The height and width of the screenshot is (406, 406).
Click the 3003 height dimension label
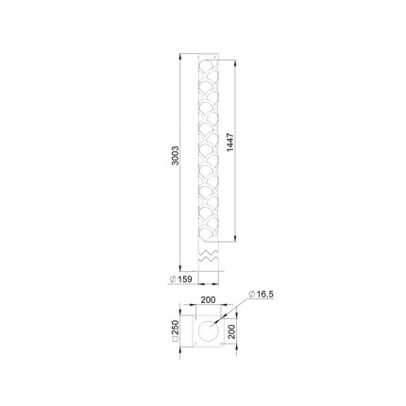(x=176, y=156)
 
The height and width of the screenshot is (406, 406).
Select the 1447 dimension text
(x=230, y=143)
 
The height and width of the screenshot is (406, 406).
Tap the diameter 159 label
(x=180, y=279)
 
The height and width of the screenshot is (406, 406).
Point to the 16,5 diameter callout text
(x=262, y=295)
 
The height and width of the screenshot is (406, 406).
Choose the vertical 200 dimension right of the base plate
(x=231, y=331)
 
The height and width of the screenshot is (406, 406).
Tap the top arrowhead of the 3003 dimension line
(x=180, y=57)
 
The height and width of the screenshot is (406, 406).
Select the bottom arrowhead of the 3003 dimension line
(x=180, y=267)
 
